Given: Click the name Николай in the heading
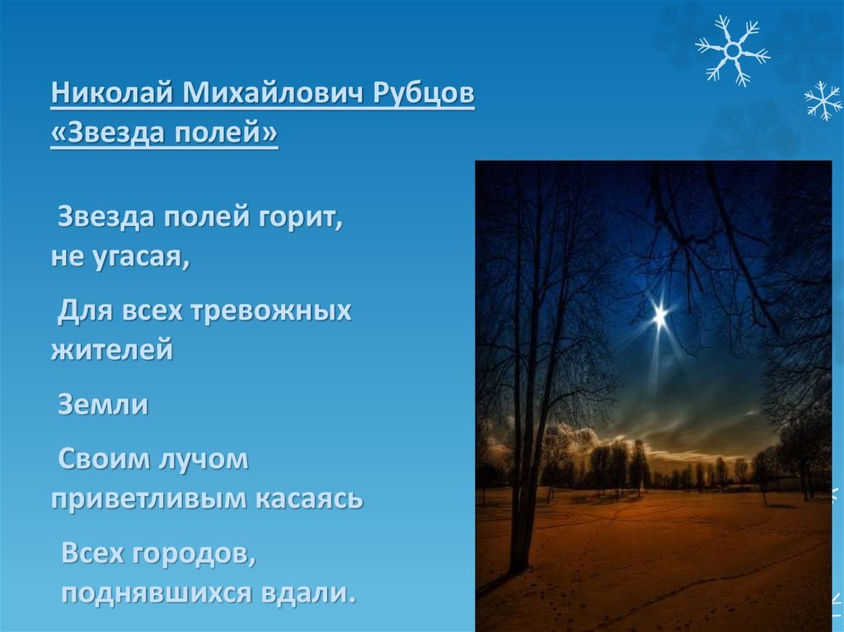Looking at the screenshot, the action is [112, 93].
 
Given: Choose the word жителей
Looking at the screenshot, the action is [112, 350].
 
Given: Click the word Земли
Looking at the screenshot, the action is [103, 405].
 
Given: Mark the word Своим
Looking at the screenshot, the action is [105, 459].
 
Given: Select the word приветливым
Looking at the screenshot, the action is [148, 499].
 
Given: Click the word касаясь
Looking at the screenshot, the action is [309, 499].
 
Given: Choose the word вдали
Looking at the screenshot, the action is [308, 592].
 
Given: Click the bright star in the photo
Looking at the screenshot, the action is [660, 315].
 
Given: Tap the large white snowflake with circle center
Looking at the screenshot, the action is [733, 50].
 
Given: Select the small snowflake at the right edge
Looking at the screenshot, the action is [823, 101].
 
